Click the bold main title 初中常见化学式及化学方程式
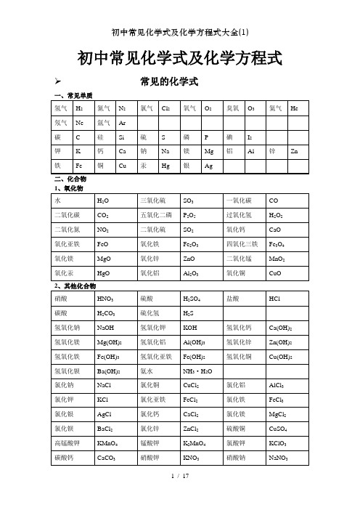pyautogui.click(x=179, y=58)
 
